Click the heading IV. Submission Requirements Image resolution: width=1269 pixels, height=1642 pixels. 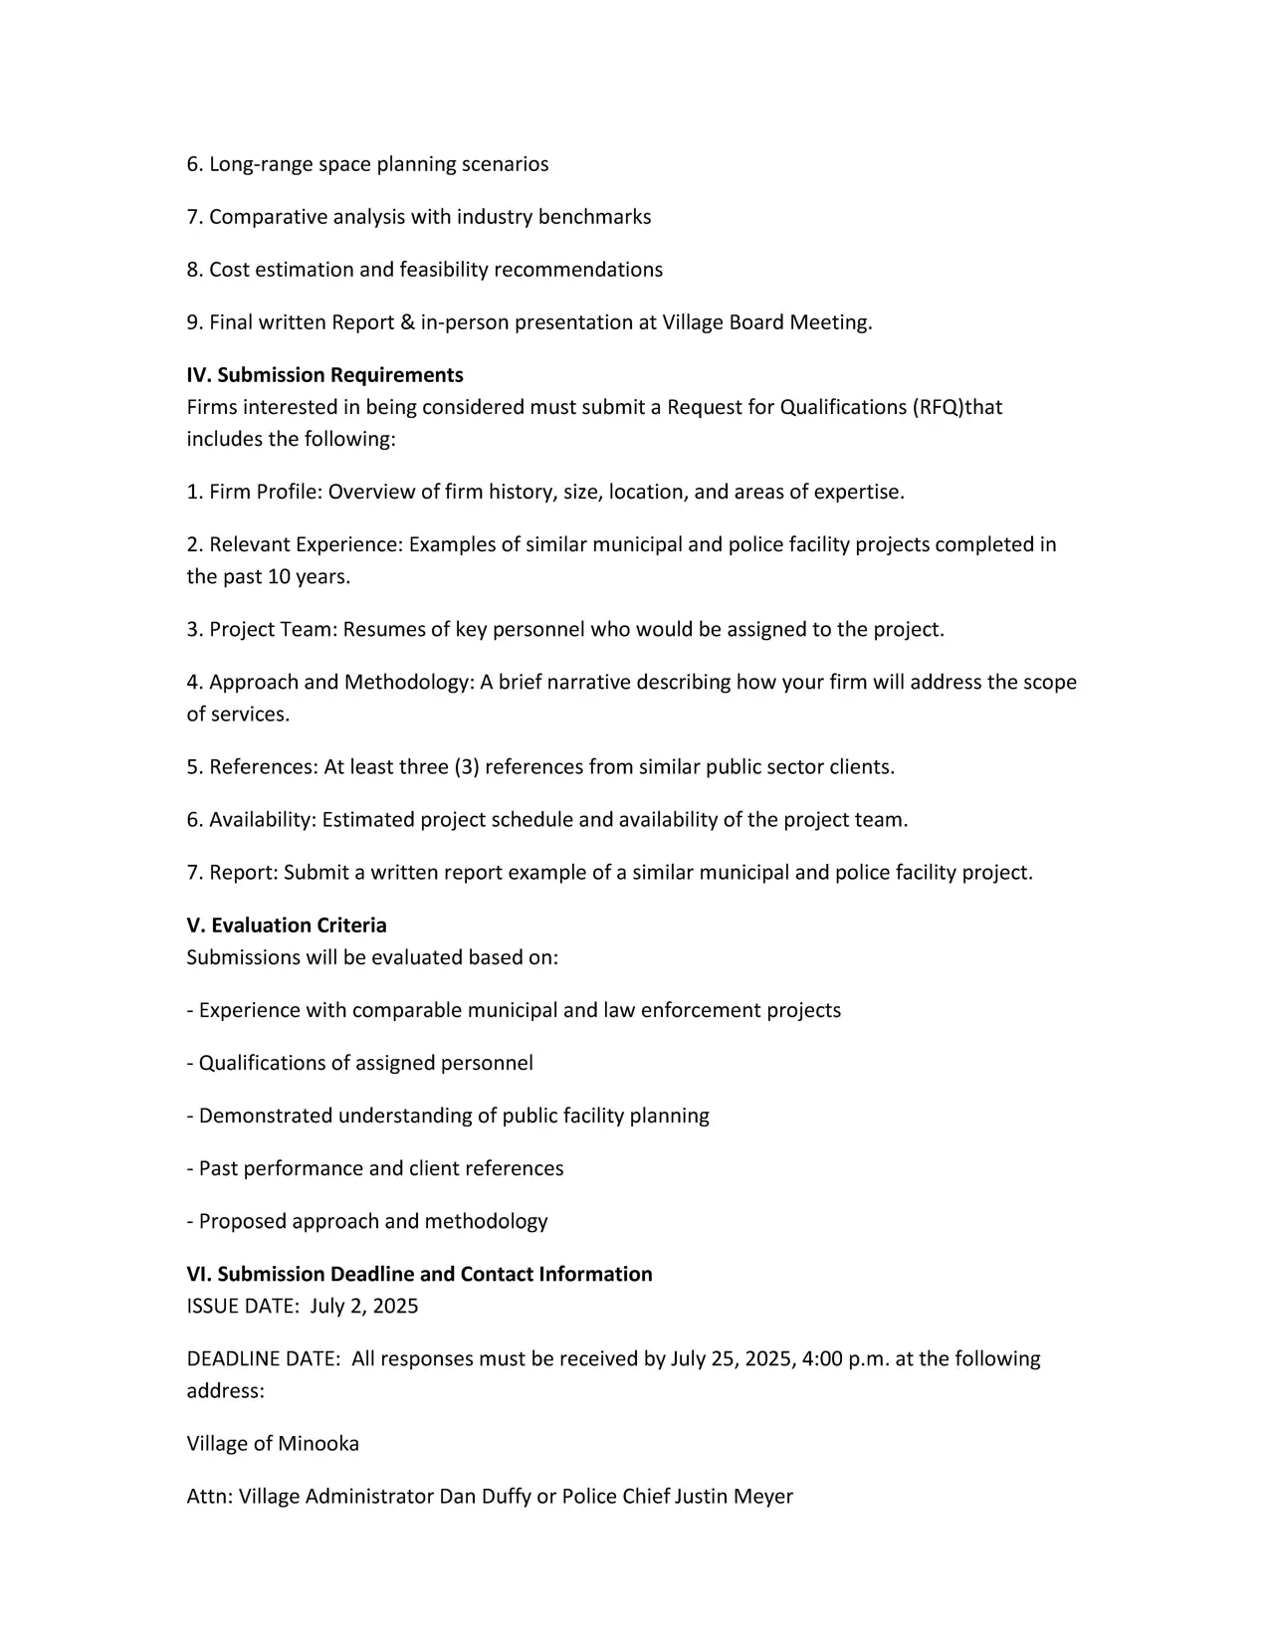pos(324,375)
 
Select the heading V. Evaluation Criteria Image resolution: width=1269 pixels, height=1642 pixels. pos(287,925)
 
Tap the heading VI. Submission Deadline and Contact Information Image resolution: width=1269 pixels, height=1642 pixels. pos(419,1275)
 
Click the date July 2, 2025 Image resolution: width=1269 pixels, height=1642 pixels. pos(364,1307)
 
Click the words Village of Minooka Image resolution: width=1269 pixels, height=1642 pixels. pos(273,1444)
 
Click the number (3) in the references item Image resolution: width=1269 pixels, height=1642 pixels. pos(467,767)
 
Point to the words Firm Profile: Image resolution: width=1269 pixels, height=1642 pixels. pos(265,492)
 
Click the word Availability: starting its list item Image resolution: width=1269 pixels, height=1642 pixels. pos(263,820)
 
